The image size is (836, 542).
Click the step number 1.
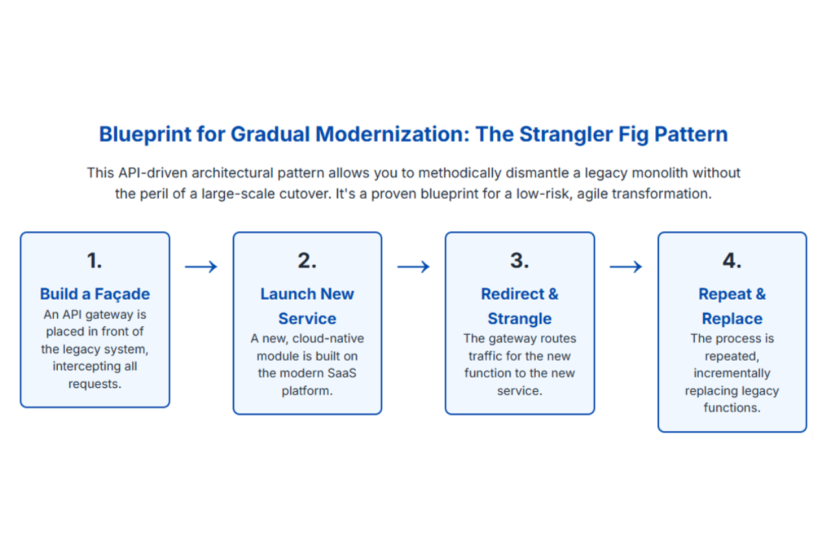[x=95, y=260]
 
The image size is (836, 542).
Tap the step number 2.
[x=307, y=260]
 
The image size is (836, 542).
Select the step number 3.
[x=520, y=260]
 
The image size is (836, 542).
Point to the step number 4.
[x=732, y=260]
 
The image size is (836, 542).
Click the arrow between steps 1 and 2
[x=201, y=266]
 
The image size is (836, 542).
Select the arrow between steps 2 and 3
[x=413, y=266]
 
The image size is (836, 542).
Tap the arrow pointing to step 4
[x=626, y=266]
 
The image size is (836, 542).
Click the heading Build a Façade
[x=95, y=294]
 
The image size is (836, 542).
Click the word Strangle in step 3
[x=520, y=319]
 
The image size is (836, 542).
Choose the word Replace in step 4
[x=732, y=319]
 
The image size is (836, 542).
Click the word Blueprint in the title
[x=145, y=134]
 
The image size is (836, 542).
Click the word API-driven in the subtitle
[x=153, y=173]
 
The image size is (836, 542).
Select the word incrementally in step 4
[x=732, y=374]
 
